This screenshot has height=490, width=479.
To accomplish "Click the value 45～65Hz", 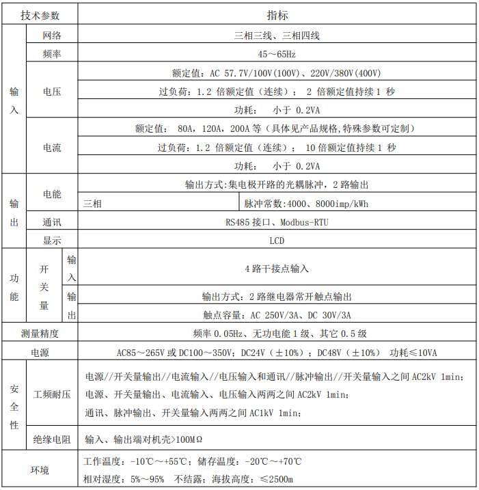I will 277,54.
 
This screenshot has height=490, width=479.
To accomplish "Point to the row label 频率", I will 52,54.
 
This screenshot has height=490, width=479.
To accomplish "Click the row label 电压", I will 52,92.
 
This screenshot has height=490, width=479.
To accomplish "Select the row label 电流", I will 52,147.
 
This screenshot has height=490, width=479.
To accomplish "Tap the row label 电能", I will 52,194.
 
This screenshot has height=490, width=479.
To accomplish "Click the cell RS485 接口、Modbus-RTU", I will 277,222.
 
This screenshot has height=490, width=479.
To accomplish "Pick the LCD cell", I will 277,241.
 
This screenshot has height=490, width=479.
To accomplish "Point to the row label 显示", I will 52,241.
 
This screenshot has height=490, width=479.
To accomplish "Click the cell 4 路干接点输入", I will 277,269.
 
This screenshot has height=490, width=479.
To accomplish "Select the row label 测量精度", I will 40,334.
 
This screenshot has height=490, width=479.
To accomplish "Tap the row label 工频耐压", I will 52,395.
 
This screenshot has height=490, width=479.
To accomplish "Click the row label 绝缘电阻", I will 52,439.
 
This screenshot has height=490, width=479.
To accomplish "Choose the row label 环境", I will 40,470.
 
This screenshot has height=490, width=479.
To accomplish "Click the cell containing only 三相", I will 92,204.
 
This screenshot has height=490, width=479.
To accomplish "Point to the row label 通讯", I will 52,222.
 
